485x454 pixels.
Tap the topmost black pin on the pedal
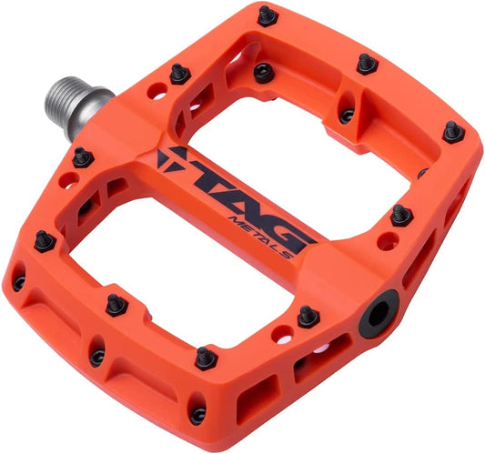267,15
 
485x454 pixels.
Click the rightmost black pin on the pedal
453,133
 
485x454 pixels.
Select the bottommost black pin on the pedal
197,415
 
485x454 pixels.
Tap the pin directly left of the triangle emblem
83,157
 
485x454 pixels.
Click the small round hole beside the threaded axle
157,92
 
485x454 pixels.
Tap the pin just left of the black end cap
308,317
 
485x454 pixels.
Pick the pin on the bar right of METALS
400,216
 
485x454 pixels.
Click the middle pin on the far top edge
367,64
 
